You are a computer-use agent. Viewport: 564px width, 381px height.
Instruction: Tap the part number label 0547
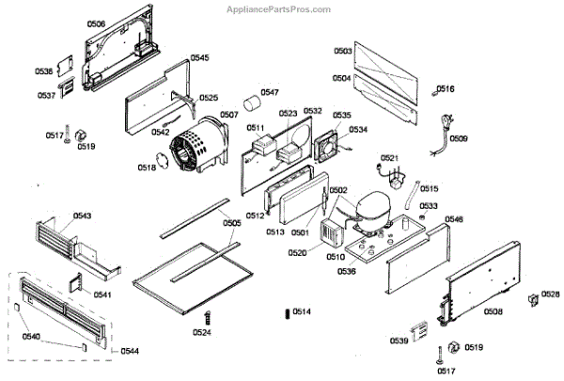click(270, 92)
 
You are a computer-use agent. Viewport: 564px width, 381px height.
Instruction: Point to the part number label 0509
click(458, 138)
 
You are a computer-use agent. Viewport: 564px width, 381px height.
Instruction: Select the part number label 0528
click(551, 294)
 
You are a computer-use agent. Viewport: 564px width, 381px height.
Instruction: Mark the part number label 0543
click(83, 215)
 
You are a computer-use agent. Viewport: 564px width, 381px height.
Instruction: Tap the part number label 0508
click(493, 311)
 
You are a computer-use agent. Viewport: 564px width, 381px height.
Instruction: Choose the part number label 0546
click(454, 219)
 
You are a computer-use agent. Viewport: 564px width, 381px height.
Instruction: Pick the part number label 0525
click(209, 98)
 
